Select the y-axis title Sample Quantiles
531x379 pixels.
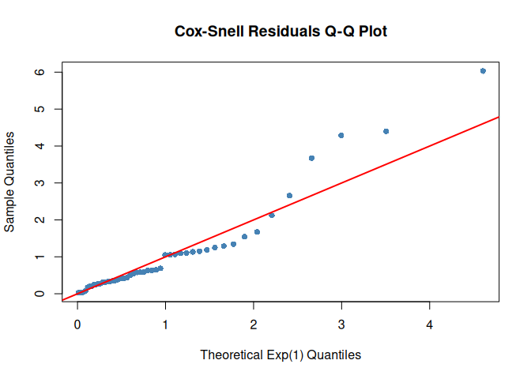[x=10, y=182]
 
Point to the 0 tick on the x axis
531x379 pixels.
[x=77, y=324]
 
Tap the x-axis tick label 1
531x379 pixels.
[x=165, y=324]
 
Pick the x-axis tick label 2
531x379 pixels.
[x=254, y=324]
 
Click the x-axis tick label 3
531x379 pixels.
[x=341, y=324]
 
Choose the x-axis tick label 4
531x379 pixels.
[x=430, y=324]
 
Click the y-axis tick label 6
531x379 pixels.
[x=37, y=72]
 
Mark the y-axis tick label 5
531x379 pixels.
[x=37, y=109]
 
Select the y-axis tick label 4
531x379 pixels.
[x=37, y=146]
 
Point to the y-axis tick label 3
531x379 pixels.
[x=37, y=182]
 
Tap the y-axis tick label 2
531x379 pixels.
[x=37, y=220]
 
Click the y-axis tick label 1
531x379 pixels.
[x=37, y=257]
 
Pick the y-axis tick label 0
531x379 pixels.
[x=37, y=294]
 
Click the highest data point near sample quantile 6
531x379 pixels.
[x=483, y=71]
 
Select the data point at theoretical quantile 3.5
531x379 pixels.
[x=386, y=131]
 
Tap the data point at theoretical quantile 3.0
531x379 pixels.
[x=341, y=135]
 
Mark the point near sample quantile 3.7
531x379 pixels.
[x=311, y=158]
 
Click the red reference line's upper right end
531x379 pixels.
[x=498, y=117]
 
